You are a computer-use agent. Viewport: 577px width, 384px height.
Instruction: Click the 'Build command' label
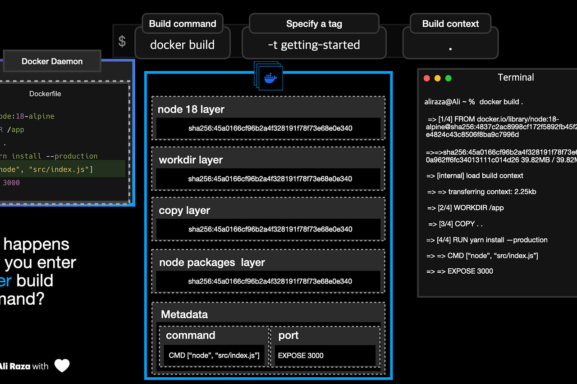click(x=183, y=24)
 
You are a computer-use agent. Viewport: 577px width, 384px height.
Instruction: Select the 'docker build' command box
click(x=182, y=45)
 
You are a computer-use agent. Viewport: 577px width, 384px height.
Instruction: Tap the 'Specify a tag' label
click(x=314, y=24)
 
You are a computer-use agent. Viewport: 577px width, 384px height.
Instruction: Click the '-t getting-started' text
click(x=314, y=45)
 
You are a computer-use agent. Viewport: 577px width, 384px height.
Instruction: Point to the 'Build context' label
click(x=450, y=24)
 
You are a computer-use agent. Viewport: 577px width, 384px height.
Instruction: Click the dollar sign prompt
click(x=122, y=41)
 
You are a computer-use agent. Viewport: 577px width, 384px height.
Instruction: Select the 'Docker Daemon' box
click(x=52, y=61)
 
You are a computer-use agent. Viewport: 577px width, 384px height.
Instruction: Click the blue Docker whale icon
click(x=270, y=77)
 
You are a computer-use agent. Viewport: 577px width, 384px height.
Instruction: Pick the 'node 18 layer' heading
click(x=191, y=109)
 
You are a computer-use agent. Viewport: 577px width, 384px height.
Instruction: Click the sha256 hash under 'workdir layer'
click(x=270, y=179)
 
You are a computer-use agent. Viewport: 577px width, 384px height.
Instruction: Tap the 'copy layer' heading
click(x=184, y=210)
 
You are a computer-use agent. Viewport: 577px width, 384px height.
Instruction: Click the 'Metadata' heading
click(x=184, y=314)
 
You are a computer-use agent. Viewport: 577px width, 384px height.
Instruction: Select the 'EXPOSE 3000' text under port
click(x=301, y=355)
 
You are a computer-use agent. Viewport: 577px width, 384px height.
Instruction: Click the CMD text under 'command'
click(x=214, y=355)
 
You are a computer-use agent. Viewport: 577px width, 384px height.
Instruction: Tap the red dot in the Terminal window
click(x=427, y=78)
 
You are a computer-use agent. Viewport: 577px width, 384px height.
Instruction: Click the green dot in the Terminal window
click(x=448, y=78)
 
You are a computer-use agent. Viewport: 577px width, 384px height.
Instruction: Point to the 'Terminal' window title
click(x=516, y=77)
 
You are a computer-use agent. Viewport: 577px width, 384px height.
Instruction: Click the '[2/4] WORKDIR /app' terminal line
click(x=465, y=208)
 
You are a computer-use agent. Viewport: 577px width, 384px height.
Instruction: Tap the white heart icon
click(x=62, y=366)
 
